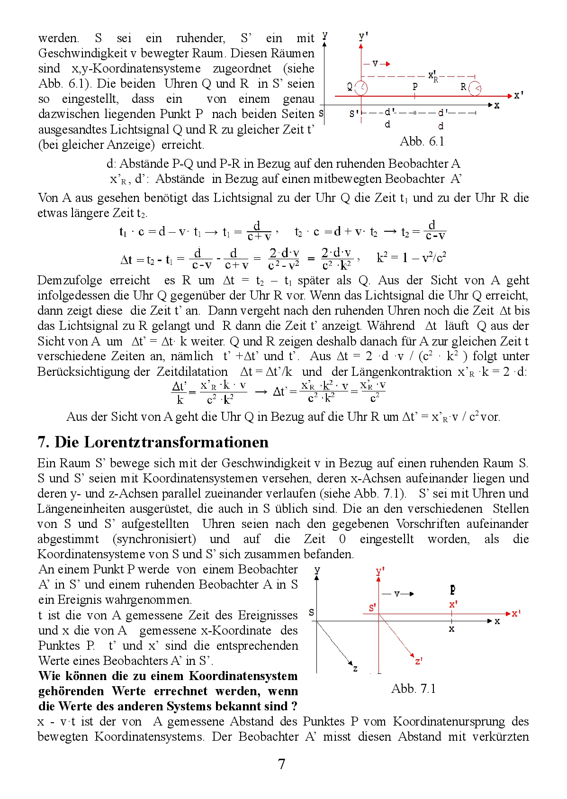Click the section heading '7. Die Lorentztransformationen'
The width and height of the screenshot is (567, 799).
(x=153, y=442)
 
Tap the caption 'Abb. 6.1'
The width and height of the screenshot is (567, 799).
(x=422, y=141)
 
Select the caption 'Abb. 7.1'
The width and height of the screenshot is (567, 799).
(x=413, y=689)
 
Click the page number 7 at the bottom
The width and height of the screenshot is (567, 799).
(x=281, y=764)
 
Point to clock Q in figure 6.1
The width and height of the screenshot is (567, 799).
(x=361, y=88)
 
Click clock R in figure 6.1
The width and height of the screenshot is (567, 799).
(x=475, y=88)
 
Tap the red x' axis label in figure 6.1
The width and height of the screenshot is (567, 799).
(x=519, y=95)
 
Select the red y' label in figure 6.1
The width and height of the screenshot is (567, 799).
(x=363, y=36)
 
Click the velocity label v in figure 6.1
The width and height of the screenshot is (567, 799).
(x=375, y=63)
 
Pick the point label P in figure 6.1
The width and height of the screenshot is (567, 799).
(x=415, y=86)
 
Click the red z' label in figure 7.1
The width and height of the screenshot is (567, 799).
(x=418, y=661)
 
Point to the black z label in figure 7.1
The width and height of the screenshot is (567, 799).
(x=355, y=669)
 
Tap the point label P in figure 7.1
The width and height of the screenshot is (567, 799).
(x=453, y=590)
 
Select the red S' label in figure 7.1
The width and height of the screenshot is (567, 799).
(x=372, y=608)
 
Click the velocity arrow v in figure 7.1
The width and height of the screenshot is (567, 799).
(x=398, y=593)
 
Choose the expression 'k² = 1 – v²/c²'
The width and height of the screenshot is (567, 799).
(x=411, y=257)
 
